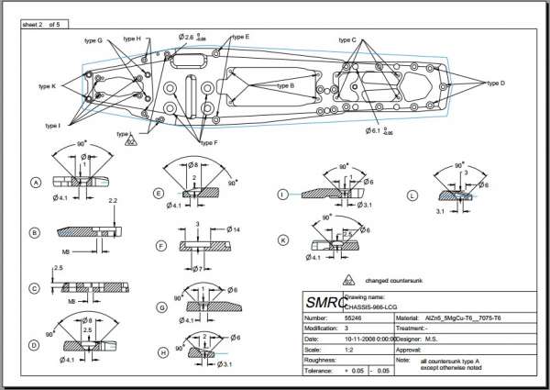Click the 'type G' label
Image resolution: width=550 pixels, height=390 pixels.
[x=93, y=41]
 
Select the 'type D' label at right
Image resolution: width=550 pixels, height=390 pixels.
[x=496, y=83]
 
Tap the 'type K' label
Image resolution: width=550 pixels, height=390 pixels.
[x=48, y=86]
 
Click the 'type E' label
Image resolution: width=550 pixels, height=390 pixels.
[x=241, y=37]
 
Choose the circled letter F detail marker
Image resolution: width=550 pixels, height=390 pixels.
[x=160, y=246]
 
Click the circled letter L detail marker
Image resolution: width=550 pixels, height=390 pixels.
[x=412, y=195]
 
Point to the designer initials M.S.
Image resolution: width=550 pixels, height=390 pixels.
[x=453, y=340]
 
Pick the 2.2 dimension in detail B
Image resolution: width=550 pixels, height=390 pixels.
[x=112, y=199]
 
